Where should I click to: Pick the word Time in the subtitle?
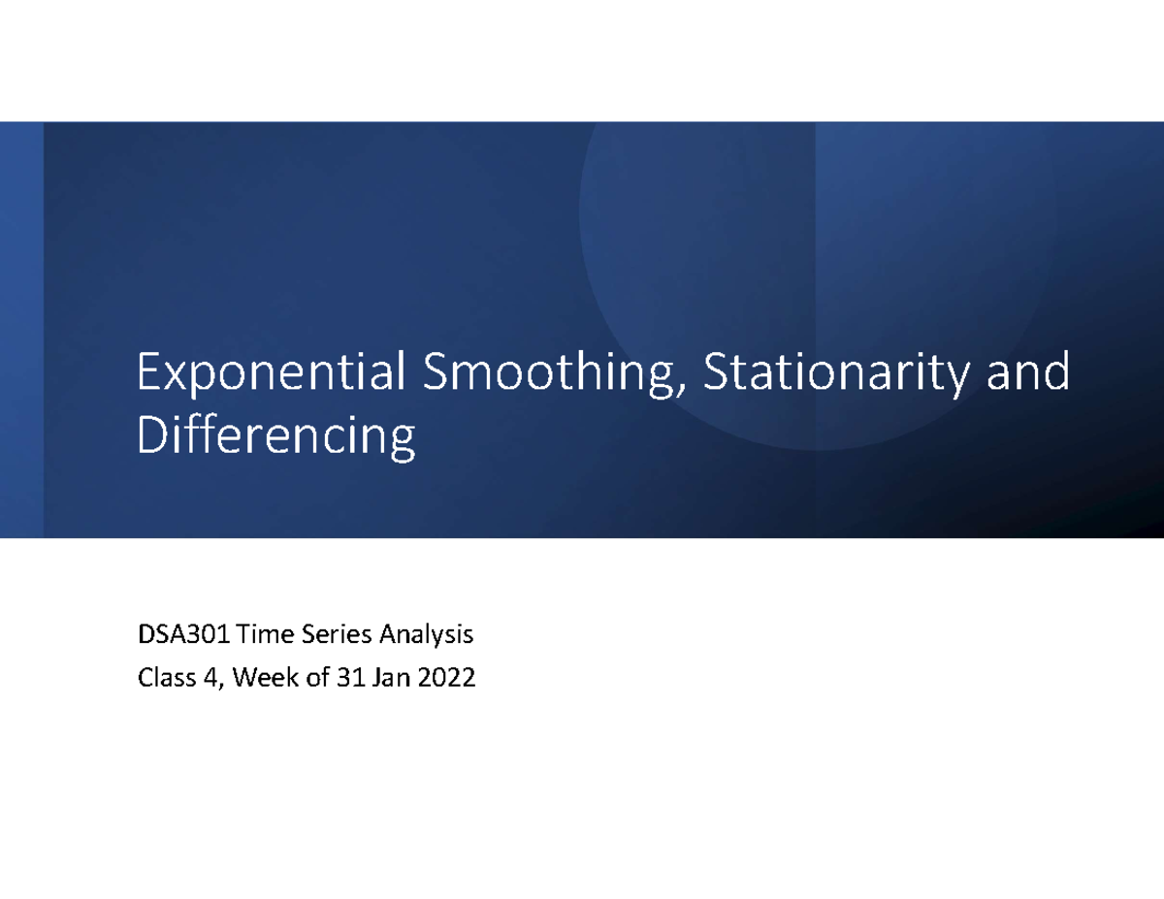[x=262, y=636]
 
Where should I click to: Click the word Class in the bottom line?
[x=165, y=680]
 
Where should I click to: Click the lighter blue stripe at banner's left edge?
[x=21, y=330]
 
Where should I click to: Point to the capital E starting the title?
[x=150, y=374]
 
